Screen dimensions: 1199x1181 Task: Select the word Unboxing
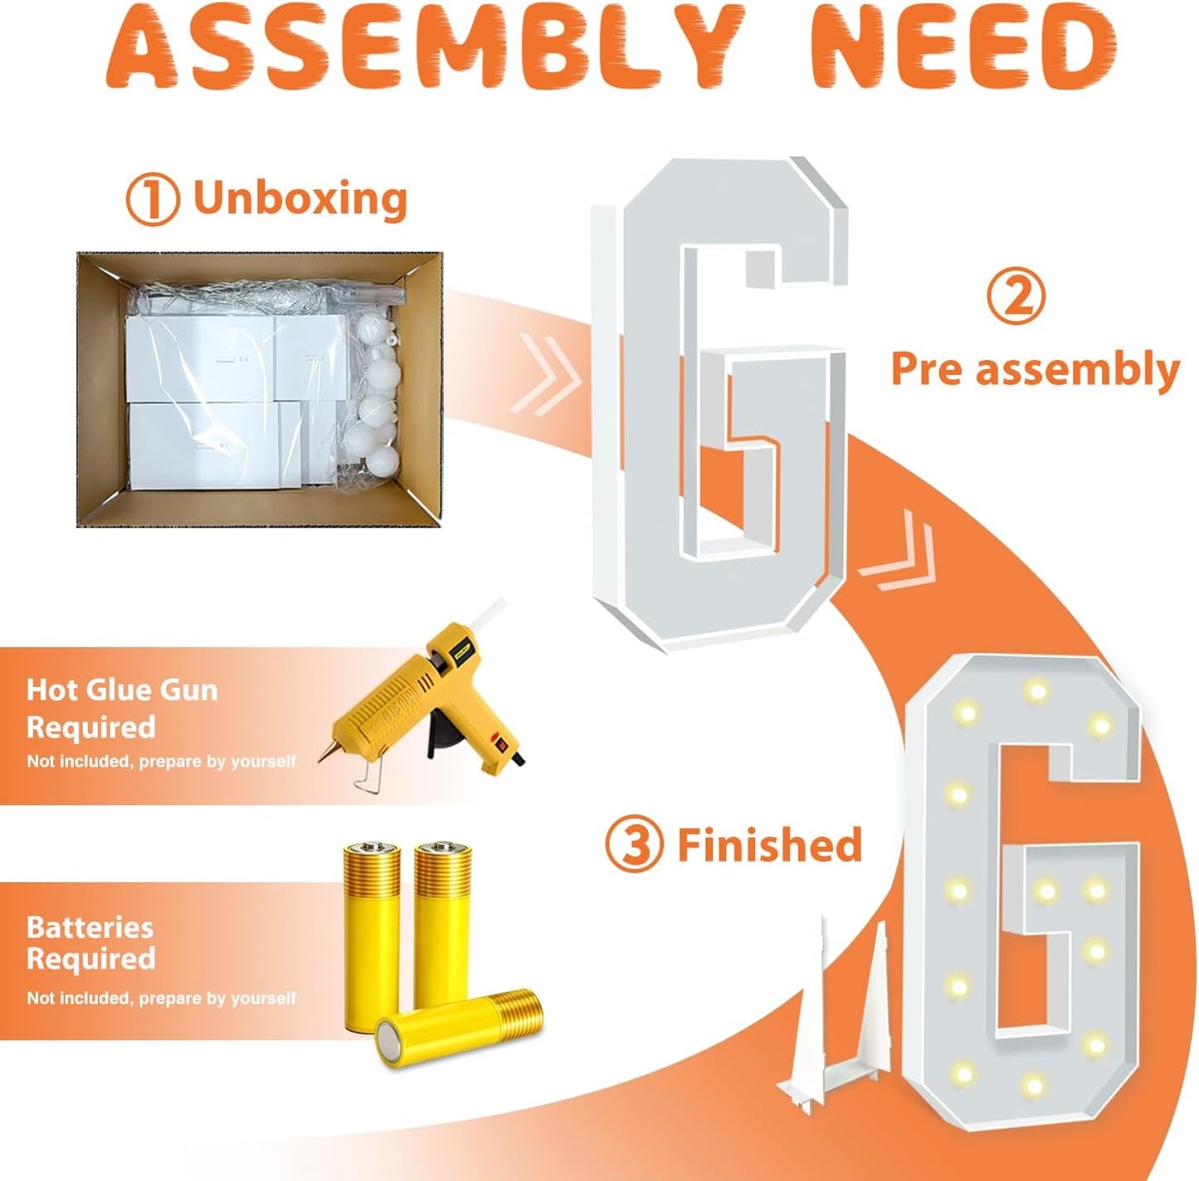(x=300, y=197)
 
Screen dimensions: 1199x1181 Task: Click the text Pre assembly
(x=1036, y=369)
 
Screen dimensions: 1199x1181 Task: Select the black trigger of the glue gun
(x=446, y=736)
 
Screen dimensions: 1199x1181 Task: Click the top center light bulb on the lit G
(x=1036, y=690)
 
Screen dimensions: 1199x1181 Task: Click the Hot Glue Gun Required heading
(x=123, y=708)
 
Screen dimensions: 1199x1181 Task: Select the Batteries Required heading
(x=90, y=944)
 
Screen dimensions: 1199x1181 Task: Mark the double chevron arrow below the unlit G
(x=897, y=551)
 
